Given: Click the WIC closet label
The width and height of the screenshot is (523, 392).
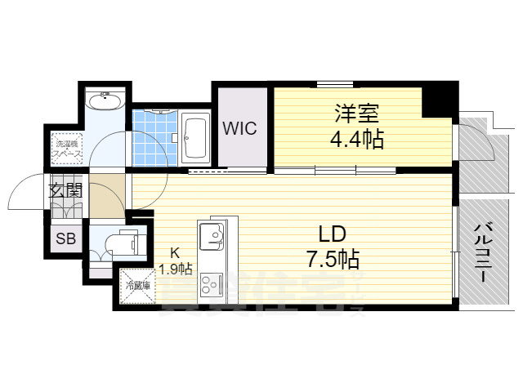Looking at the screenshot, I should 239,128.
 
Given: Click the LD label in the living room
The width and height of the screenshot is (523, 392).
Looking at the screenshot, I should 332,234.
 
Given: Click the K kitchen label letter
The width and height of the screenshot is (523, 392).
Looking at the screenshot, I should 174,252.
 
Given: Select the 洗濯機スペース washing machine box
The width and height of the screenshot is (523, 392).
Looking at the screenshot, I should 66,149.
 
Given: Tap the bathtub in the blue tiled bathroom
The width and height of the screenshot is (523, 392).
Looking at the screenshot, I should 196,139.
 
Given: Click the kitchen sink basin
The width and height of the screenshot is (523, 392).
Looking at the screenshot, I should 215,236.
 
